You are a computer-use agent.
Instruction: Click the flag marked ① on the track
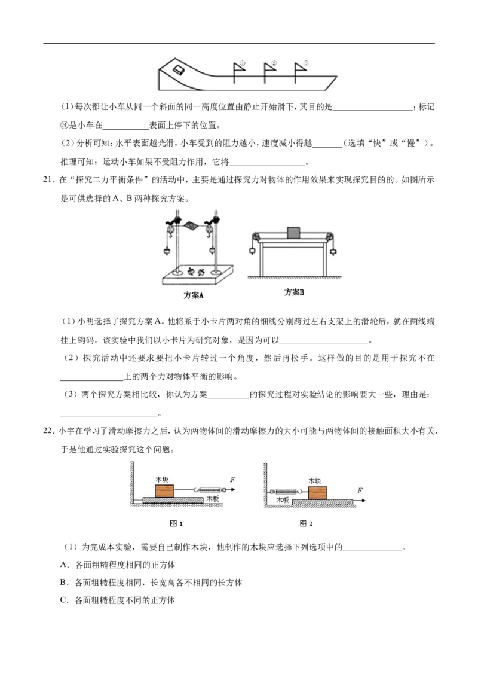[238, 72]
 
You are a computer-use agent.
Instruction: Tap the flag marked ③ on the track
[299, 72]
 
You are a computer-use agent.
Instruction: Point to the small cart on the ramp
[177, 69]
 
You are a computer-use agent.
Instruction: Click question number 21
[48, 180]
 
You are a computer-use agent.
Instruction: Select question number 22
[48, 431]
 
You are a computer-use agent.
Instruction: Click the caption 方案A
[193, 295]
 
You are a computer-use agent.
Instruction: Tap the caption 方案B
[294, 292]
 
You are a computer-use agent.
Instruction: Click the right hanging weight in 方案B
[333, 251]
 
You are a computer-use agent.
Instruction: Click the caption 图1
[176, 523]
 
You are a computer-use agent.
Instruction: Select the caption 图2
[306, 523]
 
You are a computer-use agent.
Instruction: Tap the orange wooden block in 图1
[164, 491]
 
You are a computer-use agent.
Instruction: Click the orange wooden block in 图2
[317, 493]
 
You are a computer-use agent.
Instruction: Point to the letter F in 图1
[233, 479]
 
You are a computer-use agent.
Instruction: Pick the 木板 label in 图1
[213, 498]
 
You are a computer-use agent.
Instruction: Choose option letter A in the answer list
[64, 565]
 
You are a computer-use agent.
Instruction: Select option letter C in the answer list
[64, 600]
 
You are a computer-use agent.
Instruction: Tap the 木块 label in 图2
[314, 481]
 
